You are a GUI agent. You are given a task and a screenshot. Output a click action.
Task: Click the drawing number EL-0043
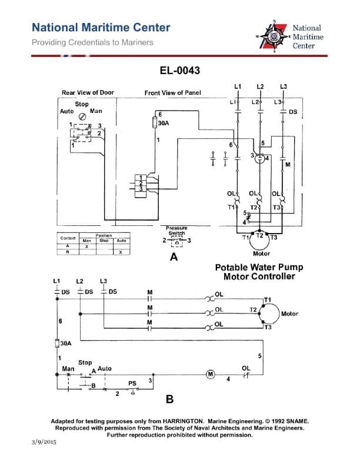(x=180, y=71)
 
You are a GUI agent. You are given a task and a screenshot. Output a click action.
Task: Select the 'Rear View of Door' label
(x=88, y=93)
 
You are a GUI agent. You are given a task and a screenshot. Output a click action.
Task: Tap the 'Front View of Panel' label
(x=172, y=93)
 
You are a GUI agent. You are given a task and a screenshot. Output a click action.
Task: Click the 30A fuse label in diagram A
(x=164, y=124)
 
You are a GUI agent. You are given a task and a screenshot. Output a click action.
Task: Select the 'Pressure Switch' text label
(x=176, y=230)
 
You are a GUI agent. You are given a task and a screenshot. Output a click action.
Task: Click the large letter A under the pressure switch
(x=174, y=257)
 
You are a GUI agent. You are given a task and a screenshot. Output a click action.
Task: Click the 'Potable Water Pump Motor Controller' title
(x=259, y=271)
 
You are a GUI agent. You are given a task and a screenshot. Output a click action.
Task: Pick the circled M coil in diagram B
(x=208, y=374)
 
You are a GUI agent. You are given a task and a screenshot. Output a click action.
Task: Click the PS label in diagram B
(x=132, y=383)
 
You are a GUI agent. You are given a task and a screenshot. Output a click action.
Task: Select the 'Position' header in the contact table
(x=104, y=235)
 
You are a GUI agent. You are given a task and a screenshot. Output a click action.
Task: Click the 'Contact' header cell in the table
(x=68, y=237)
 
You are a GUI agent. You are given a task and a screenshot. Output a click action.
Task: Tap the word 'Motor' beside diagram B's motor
(x=289, y=314)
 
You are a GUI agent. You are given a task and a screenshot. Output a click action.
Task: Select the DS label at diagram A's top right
(x=293, y=111)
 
